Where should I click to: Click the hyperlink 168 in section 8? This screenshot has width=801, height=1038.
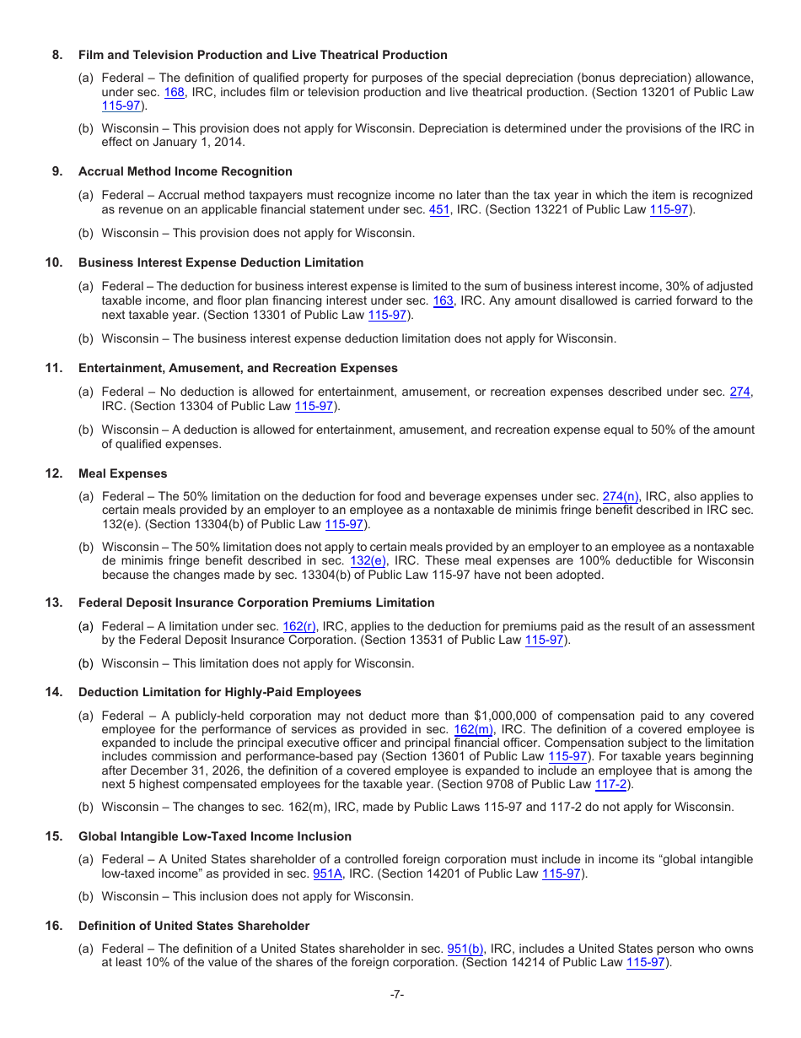(175, 92)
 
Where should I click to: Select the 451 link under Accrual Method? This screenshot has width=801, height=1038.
(439, 209)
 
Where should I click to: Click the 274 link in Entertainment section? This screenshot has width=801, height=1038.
(739, 392)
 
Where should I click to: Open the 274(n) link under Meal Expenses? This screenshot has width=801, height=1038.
(621, 496)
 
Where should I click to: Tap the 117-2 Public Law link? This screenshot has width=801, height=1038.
(610, 784)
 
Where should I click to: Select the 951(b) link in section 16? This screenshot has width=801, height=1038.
(465, 949)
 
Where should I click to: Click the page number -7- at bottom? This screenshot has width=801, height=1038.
(397, 994)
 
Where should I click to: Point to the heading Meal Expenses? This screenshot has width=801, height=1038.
(122, 473)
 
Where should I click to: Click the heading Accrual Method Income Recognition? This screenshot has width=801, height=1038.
(185, 171)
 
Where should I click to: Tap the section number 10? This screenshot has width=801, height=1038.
(54, 262)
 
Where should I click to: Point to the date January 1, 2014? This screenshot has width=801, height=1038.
(197, 142)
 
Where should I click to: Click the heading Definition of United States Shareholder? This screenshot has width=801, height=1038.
(193, 926)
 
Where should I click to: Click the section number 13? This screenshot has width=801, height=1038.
(54, 603)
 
